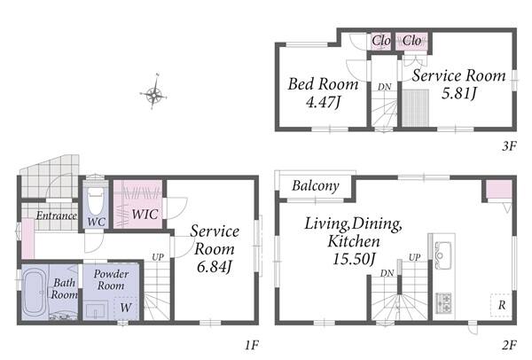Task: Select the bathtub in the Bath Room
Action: pyautogui.click(x=33, y=292)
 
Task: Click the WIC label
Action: pyautogui.click(x=145, y=214)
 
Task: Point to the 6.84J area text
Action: pyautogui.click(x=214, y=267)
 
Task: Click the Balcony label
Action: pyautogui.click(x=316, y=185)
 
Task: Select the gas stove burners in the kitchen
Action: pyautogui.click(x=443, y=303)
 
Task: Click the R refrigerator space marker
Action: pyautogui.click(x=502, y=305)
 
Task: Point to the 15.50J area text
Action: pyautogui.click(x=354, y=260)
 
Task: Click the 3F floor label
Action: pyautogui.click(x=509, y=146)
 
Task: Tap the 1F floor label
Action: pyautogui.click(x=252, y=346)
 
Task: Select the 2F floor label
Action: pyautogui.click(x=509, y=346)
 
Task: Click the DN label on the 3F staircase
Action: pyautogui.click(x=385, y=87)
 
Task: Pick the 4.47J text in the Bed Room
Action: pyautogui.click(x=323, y=102)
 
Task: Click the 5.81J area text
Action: pyautogui.click(x=459, y=92)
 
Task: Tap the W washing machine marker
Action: pyautogui.click(x=126, y=308)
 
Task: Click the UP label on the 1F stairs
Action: pyautogui.click(x=158, y=257)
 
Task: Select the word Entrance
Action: pyautogui.click(x=57, y=215)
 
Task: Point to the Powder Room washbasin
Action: pyautogui.click(x=96, y=309)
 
